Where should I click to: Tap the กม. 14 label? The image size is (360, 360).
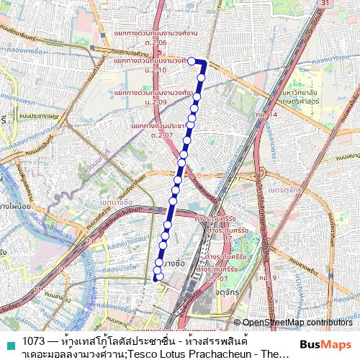(266, 114)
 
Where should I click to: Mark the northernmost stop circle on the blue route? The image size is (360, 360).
(192, 61)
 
